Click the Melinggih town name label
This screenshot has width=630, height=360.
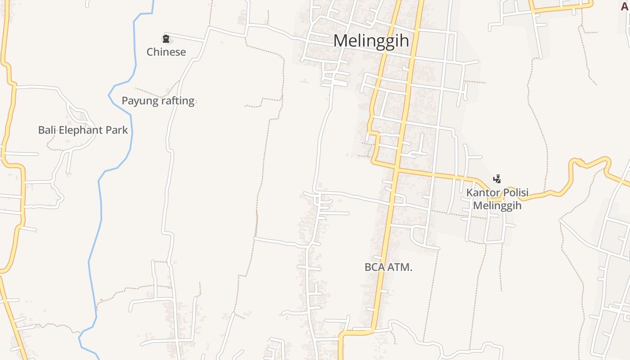click(x=371, y=41)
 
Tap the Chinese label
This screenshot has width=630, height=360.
click(x=166, y=52)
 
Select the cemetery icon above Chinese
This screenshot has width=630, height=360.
click(x=166, y=39)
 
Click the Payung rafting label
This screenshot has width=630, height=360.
click(x=158, y=101)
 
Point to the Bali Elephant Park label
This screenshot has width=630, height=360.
click(x=83, y=130)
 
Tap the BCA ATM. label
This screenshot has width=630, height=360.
click(x=388, y=267)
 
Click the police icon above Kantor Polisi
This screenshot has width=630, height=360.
click(x=497, y=179)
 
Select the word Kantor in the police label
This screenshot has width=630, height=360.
click(x=482, y=193)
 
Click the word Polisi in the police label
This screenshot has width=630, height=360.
click(x=514, y=193)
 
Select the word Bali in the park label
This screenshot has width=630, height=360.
click(x=46, y=130)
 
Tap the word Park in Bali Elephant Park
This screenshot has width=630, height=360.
click(x=117, y=130)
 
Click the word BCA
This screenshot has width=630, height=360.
click(x=374, y=267)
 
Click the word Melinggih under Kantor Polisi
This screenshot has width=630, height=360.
click(x=497, y=206)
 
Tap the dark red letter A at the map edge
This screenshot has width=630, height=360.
click(x=625, y=6)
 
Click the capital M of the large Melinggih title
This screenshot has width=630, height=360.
click(x=341, y=41)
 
